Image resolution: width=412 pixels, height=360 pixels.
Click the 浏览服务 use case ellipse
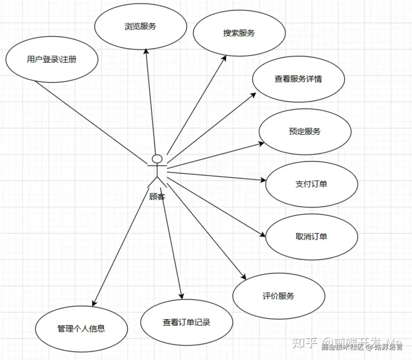click(140, 27)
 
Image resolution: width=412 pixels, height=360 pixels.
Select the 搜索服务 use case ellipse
click(239, 33)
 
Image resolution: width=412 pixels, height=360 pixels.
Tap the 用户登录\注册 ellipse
click(52, 59)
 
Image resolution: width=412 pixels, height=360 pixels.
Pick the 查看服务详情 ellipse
click(298, 79)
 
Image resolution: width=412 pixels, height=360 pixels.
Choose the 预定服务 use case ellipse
click(305, 132)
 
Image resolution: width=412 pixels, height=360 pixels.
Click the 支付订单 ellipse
click(312, 184)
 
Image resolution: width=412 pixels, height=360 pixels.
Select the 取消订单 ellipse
click(312, 237)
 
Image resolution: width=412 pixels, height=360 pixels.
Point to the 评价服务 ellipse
click(279, 296)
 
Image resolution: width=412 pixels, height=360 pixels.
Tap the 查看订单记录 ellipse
click(187, 323)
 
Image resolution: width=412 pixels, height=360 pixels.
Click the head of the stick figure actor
click(157, 159)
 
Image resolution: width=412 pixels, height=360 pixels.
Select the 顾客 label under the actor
click(157, 197)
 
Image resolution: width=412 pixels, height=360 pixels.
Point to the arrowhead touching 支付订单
click(263, 180)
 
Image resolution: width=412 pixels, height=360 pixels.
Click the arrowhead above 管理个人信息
click(94, 303)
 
